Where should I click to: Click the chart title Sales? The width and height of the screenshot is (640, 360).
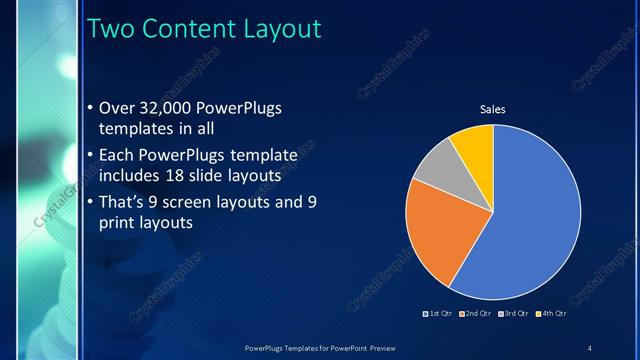click(x=494, y=108)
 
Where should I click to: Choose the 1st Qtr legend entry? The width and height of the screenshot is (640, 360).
click(x=439, y=314)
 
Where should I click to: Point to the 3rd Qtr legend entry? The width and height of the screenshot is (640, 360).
click(x=514, y=314)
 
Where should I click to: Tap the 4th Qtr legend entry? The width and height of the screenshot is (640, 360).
click(x=551, y=314)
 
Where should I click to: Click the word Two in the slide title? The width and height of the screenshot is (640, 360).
click(x=113, y=29)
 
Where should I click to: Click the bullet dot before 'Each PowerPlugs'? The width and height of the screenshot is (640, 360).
click(x=90, y=156)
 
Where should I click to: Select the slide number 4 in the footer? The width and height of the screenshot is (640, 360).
click(x=589, y=347)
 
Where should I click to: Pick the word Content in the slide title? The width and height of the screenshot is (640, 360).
click(x=186, y=29)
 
